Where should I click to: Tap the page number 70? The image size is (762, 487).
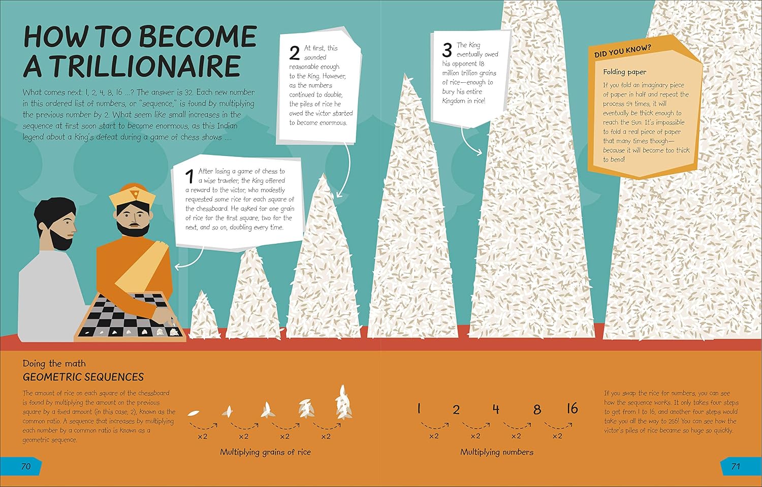[26, 466]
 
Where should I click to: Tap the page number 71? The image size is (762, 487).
[736, 466]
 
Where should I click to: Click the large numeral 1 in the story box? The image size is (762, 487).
[189, 177]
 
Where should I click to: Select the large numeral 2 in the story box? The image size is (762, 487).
[294, 53]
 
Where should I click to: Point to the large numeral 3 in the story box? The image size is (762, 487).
[447, 50]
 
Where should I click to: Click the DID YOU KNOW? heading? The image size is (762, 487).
[622, 51]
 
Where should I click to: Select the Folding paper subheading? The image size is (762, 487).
[624, 72]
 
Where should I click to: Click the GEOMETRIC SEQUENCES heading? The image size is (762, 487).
[83, 377]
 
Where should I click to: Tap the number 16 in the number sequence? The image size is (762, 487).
[572, 408]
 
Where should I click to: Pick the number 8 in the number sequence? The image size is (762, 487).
[537, 409]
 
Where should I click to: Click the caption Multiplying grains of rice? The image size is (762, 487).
[265, 452]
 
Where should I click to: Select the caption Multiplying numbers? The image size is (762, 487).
[497, 452]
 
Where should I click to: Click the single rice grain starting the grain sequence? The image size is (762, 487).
[193, 413]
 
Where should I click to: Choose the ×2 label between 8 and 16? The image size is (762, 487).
[557, 436]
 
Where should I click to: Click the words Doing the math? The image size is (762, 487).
[54, 364]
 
